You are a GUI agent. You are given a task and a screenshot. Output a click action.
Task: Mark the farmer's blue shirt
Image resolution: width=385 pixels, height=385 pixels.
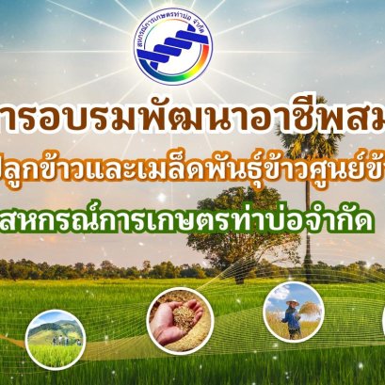tap(293, 315)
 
